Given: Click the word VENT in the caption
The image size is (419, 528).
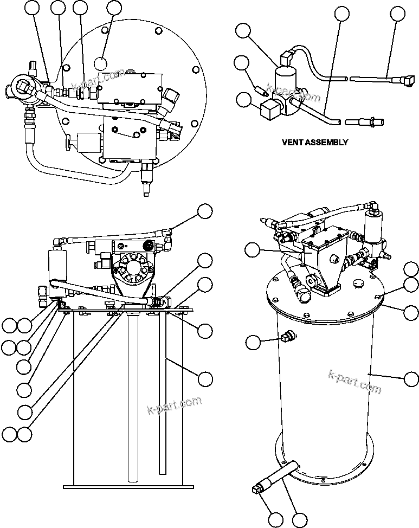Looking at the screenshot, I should tap(293, 143).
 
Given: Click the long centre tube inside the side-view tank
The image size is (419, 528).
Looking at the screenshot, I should tap(133, 396).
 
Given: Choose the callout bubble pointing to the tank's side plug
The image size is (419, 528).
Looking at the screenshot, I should tap(253, 342).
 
